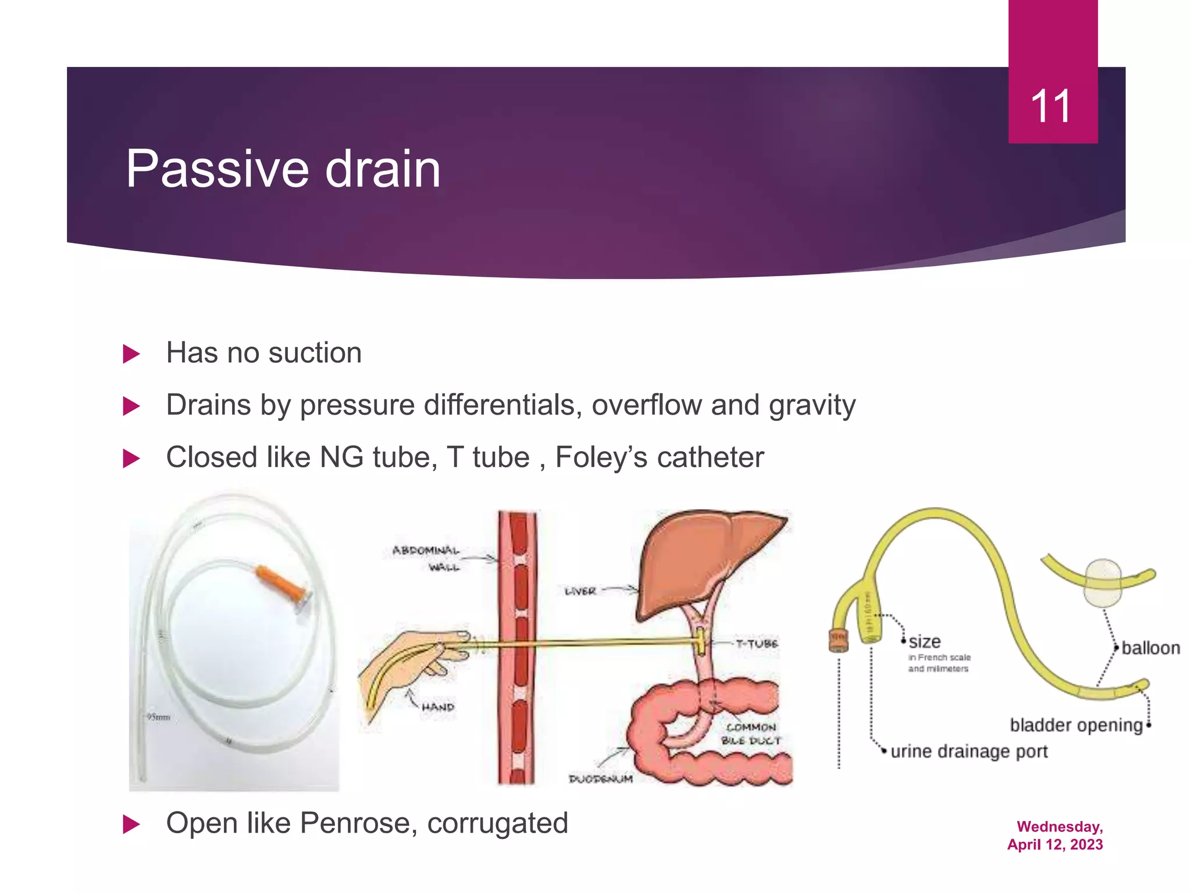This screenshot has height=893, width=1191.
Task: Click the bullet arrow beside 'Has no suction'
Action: tap(131, 353)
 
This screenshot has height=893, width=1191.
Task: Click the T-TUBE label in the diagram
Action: tap(756, 644)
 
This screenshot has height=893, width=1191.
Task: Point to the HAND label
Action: tap(437, 708)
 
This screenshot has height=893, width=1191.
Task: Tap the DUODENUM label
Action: tap(601, 778)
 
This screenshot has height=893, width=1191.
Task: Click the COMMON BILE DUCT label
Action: tap(751, 734)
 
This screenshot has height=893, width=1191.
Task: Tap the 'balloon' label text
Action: tap(1150, 648)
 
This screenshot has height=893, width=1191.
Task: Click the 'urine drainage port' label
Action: tap(969, 751)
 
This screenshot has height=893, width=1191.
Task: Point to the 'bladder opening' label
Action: tap(1076, 725)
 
